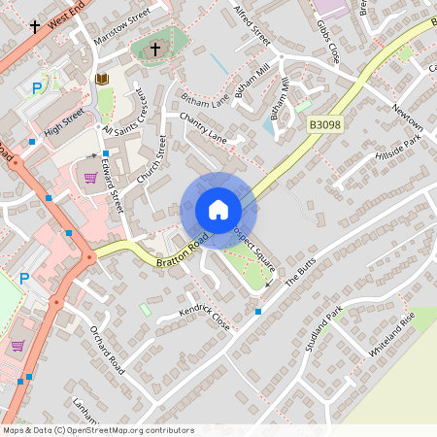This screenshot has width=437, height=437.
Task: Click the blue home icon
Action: click(x=218, y=210)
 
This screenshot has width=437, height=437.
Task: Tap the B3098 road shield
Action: click(x=325, y=125)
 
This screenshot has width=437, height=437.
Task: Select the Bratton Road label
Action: click(x=179, y=252)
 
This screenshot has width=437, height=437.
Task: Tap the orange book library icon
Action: click(x=102, y=79)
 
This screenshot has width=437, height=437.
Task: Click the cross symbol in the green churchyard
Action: click(x=154, y=49)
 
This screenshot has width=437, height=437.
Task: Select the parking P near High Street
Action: click(x=37, y=88)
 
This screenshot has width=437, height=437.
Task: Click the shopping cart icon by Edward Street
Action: click(x=90, y=178)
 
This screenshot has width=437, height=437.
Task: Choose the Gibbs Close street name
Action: click(x=327, y=37)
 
